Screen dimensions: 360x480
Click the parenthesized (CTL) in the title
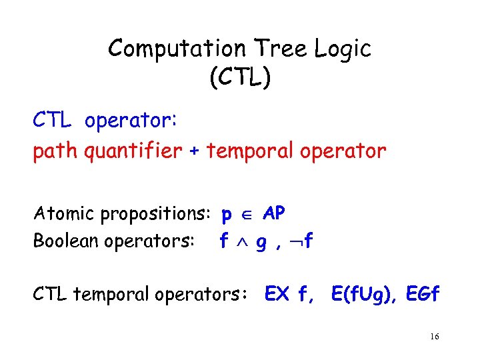coord(239,78)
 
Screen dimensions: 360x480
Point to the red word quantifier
coord(133,152)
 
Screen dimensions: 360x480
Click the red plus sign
coord(194,152)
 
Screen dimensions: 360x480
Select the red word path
coord(56,152)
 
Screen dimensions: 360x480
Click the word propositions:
coord(154,215)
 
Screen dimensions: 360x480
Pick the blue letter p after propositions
coord(227,215)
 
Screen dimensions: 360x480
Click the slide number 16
coord(434,337)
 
